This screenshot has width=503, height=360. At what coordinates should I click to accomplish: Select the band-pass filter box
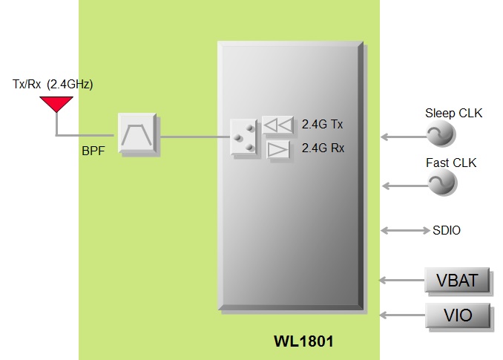tap(139, 134)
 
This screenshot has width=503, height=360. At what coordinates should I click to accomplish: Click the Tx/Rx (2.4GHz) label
tap(53, 85)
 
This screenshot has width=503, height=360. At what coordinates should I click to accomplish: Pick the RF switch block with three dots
tap(243, 138)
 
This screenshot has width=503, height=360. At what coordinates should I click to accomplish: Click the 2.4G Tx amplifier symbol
tap(277, 124)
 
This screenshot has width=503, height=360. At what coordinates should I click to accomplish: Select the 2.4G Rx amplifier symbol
tap(277, 149)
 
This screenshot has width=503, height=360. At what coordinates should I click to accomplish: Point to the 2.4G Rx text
tap(323, 148)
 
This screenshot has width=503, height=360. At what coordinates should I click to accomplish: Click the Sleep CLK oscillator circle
tap(441, 134)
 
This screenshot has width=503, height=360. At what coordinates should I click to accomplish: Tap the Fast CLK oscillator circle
tap(442, 183)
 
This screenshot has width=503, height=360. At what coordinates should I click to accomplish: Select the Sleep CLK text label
tap(453, 114)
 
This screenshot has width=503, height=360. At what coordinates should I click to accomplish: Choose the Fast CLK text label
tap(451, 163)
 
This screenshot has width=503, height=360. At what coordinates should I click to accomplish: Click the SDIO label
tap(446, 231)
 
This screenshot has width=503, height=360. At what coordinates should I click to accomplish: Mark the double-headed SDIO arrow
tap(404, 229)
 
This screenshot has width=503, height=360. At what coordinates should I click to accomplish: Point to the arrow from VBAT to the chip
tap(401, 280)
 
